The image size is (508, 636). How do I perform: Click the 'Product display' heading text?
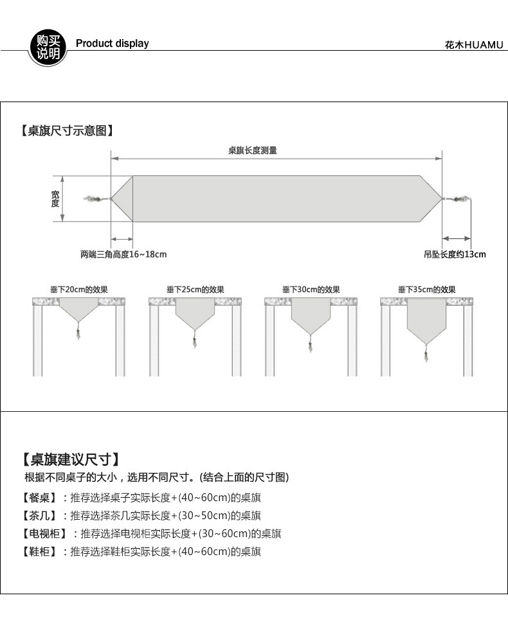tap(112, 44)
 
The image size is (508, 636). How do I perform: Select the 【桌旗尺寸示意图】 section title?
tap(67, 131)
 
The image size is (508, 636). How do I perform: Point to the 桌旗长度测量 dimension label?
tap(253, 150)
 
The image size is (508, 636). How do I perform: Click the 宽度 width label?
tap(55, 199)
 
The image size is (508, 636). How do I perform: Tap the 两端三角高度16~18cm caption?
tap(123, 254)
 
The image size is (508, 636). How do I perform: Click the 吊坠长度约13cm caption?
tap(455, 254)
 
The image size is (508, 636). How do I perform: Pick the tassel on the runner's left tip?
tap(95, 199)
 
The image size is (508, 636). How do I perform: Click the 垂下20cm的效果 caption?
tap(79, 290)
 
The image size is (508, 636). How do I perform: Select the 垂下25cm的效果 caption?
tap(195, 290)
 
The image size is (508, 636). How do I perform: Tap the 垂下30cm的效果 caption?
tap(311, 290)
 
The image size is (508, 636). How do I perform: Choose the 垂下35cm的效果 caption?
tap(426, 290)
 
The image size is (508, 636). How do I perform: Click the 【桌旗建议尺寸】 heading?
tap(71, 459)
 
